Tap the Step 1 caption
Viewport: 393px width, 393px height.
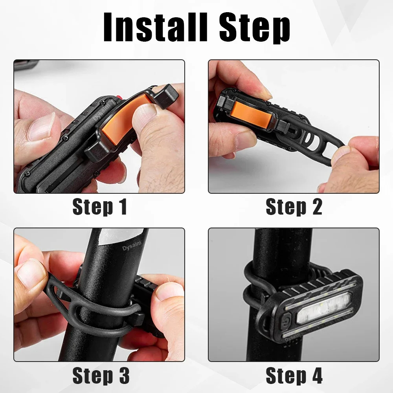click(99, 207)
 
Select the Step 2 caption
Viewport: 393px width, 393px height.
click(294, 207)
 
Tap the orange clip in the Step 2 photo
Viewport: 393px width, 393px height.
click(252, 112)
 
